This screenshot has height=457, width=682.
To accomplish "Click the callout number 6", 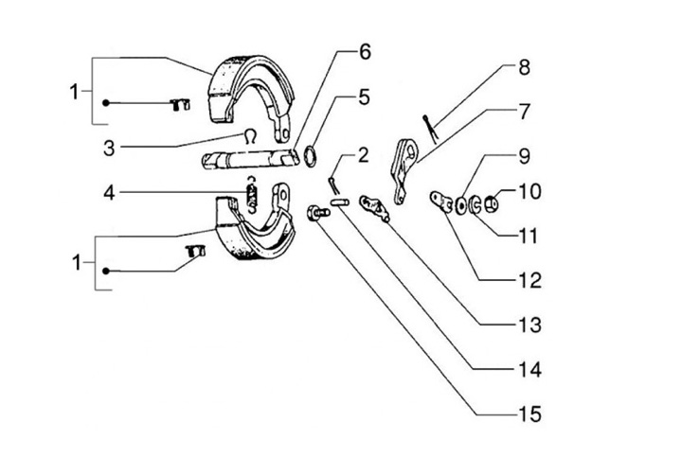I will [x=365, y=52].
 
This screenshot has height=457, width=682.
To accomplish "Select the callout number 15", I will [x=529, y=413].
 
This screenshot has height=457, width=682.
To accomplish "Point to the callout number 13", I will [x=529, y=325].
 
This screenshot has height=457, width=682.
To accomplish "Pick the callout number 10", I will [x=529, y=192].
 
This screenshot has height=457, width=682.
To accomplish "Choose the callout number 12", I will [x=529, y=281].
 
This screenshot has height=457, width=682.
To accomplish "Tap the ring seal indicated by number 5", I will [x=312, y=155].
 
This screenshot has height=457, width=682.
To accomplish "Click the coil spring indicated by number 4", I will [x=253, y=196].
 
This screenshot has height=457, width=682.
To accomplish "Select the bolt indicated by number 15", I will [x=316, y=214].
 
